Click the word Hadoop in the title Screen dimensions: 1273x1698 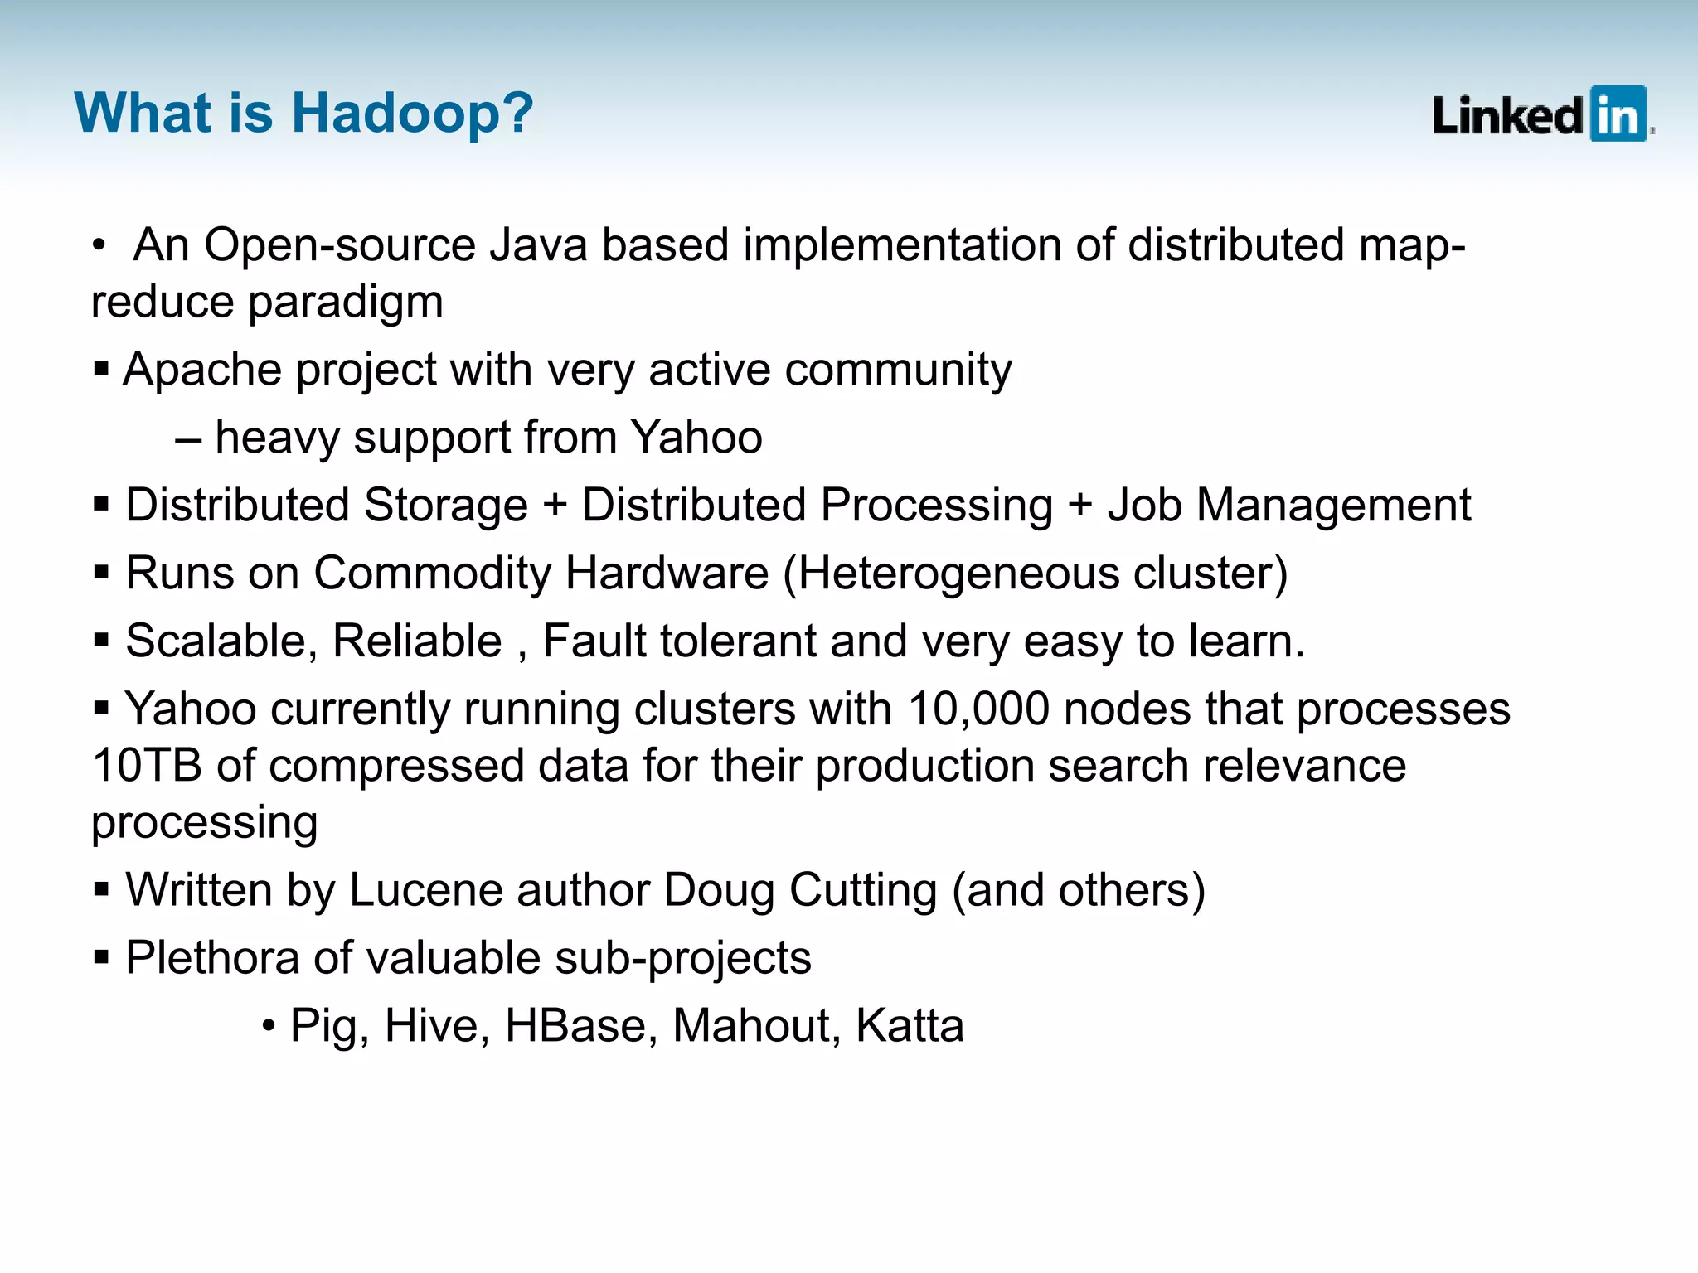click(x=412, y=113)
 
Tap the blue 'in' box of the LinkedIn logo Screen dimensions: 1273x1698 click(x=1618, y=114)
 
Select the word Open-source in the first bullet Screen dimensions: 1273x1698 click(x=340, y=245)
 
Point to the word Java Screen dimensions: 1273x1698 click(x=538, y=245)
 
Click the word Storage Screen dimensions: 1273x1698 click(x=445, y=506)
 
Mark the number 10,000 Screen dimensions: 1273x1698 click(x=978, y=709)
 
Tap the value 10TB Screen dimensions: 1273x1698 click(x=147, y=766)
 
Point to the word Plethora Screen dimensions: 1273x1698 click(x=212, y=958)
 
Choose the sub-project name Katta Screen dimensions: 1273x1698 click(x=910, y=1026)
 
